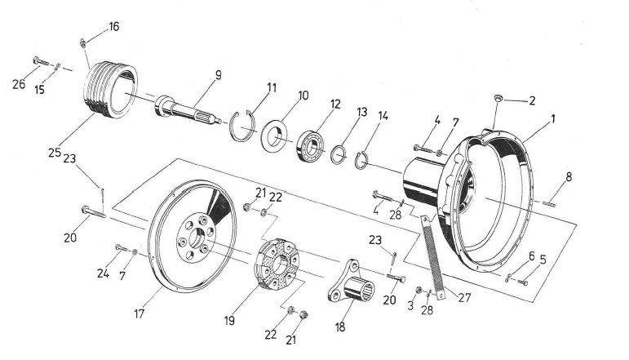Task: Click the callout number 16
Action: (x=113, y=26)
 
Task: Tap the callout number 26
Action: (x=19, y=83)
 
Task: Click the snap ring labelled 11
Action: (x=243, y=125)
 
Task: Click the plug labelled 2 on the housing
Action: (x=496, y=100)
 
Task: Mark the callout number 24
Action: (x=104, y=273)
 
